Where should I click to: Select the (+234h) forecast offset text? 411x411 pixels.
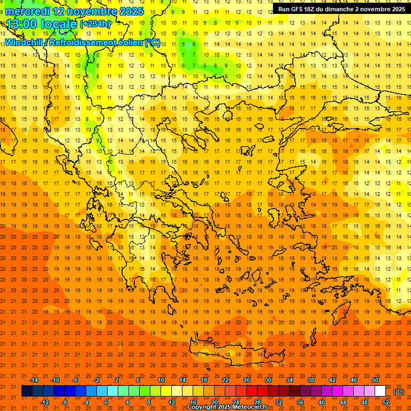click(95, 24)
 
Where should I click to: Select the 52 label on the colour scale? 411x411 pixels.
click(386, 402)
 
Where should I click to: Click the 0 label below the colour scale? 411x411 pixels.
click(105, 402)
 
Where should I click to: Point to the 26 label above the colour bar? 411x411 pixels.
click(247, 380)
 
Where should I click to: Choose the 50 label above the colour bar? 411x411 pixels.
click(375, 380)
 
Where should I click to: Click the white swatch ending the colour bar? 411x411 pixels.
click(380, 391)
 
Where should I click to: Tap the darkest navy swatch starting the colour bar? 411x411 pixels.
click(27, 391)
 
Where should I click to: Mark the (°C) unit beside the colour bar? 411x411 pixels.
click(399, 392)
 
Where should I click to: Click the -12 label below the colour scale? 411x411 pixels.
click(44, 402)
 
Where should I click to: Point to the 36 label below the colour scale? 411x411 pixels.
click(300, 402)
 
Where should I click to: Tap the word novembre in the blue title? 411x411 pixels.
click(93, 11)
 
